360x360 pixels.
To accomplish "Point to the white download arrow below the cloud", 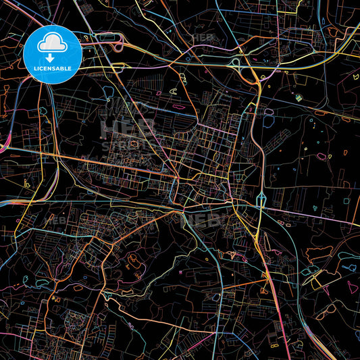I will [53, 57].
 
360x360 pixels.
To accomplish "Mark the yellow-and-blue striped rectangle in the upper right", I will [298, 98].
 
